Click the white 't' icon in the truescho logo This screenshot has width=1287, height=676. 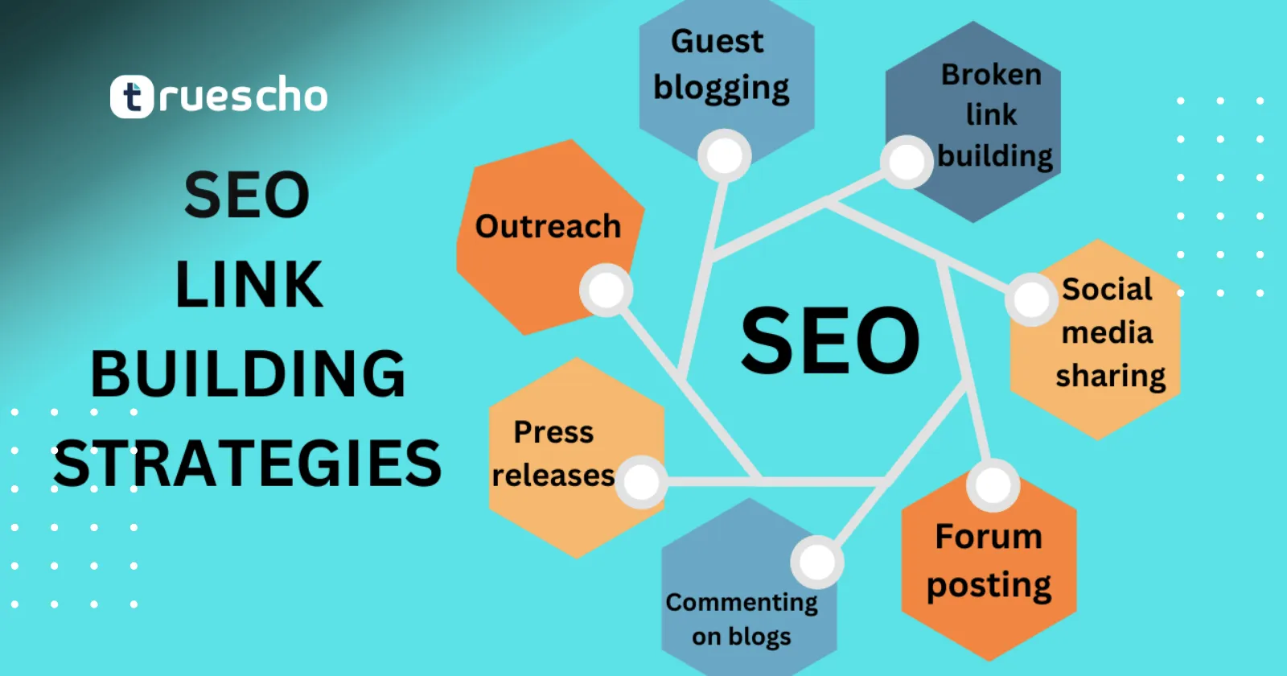point(132,97)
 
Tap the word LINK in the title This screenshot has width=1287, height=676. point(249,284)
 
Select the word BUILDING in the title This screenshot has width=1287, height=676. point(249,373)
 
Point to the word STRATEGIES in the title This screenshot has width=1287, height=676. point(248,464)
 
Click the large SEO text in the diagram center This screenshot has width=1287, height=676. point(831,340)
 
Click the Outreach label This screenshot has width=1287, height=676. point(548,226)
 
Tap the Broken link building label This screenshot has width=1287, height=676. point(994,116)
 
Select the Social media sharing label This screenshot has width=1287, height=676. point(1110,333)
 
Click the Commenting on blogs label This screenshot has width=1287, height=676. point(742,620)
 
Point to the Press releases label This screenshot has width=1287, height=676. point(553,454)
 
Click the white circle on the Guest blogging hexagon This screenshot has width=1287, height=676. point(725,156)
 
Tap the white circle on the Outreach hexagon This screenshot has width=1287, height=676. point(606,290)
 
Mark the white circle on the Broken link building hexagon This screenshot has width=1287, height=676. point(906,162)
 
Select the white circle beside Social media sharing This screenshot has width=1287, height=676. point(1031,299)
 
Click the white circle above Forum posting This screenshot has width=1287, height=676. point(993,486)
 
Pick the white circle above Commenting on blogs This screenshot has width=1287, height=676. point(817,562)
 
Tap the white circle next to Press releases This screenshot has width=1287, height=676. point(641,482)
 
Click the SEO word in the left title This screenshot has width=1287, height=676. point(247,195)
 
